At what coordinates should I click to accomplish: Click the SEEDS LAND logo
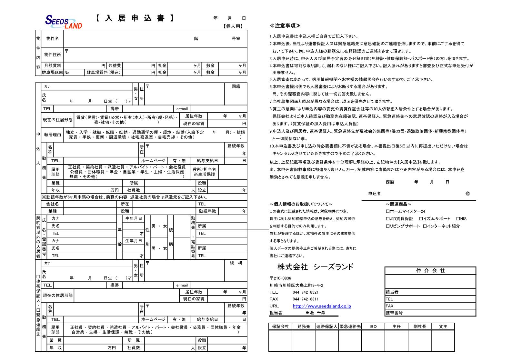pyautogui.click(x=64, y=22)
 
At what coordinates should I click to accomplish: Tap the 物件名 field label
pyautogui.click(x=53, y=39)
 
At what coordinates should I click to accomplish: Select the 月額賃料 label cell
pyautogui.click(x=53, y=65)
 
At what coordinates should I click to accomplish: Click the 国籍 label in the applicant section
pyautogui.click(x=236, y=86)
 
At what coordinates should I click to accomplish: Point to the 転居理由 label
pyautogui.click(x=53, y=135)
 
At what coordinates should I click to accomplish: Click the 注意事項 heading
pyautogui.click(x=285, y=25)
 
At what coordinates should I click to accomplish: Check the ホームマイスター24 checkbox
pyautogui.click(x=388, y=211)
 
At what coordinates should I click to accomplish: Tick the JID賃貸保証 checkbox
pyautogui.click(x=388, y=219)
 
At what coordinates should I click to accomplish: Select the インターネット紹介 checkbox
pyautogui.click(x=425, y=226)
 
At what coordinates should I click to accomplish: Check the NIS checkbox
pyautogui.click(x=458, y=219)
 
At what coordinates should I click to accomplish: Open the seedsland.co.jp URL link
pyautogui.click(x=322, y=306)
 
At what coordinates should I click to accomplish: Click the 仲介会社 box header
pyautogui.click(x=430, y=271)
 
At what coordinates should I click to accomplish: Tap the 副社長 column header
pyautogui.click(x=420, y=327)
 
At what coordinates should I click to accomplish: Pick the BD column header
pyautogui.click(x=373, y=327)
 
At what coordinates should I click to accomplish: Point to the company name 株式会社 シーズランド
pyautogui.click(x=315, y=267)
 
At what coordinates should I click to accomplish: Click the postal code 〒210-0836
pyautogui.click(x=280, y=278)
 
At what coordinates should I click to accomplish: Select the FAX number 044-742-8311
pyautogui.click(x=306, y=299)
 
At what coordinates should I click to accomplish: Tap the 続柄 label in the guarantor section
pyautogui.click(x=236, y=263)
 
